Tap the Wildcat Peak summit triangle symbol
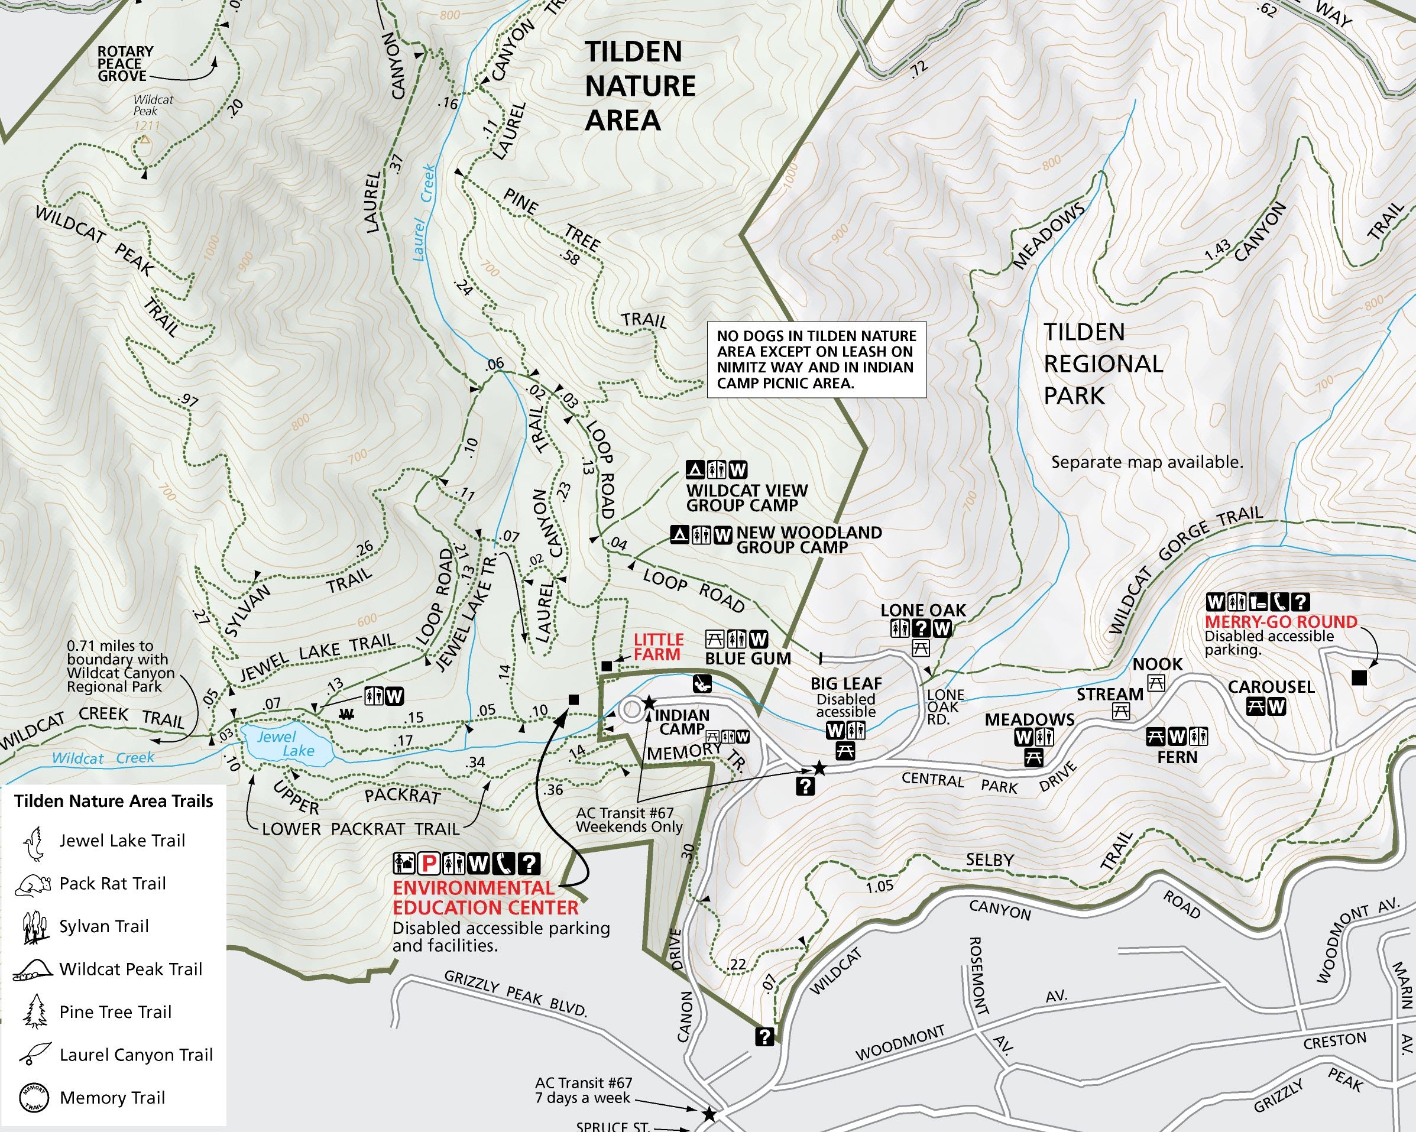(x=144, y=140)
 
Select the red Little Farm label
(x=657, y=647)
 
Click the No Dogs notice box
(x=816, y=359)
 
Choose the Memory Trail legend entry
(x=112, y=1097)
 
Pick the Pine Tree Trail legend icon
(x=35, y=1012)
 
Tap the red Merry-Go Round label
(x=1281, y=621)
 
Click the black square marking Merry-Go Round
(x=1359, y=677)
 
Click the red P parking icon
(x=429, y=864)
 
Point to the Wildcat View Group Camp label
(x=747, y=498)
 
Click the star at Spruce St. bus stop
(x=709, y=1114)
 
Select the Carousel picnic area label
(x=1271, y=687)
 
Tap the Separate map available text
(x=1147, y=462)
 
